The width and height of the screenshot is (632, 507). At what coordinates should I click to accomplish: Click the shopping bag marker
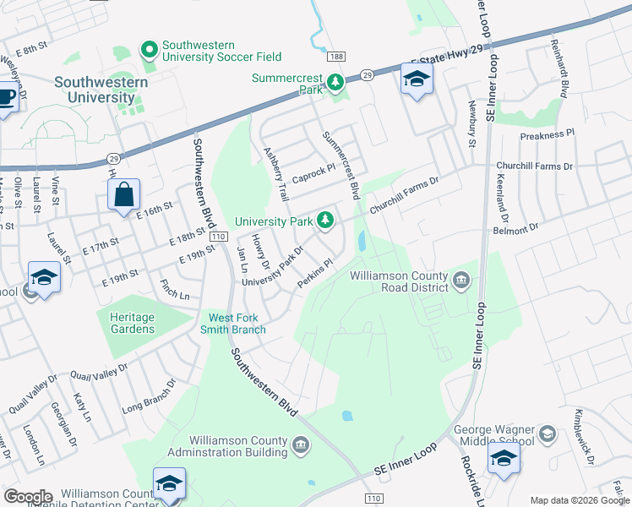(124, 194)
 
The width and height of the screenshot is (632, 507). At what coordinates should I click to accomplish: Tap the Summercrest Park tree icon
(336, 81)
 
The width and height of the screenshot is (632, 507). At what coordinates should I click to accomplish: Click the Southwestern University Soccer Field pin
(150, 51)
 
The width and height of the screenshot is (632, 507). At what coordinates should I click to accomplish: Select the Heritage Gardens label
(132, 323)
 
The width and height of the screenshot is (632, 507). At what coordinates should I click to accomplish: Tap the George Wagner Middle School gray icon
(547, 434)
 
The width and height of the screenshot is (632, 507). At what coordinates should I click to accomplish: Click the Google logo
(29, 497)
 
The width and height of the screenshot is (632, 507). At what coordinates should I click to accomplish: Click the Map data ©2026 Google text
(579, 500)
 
